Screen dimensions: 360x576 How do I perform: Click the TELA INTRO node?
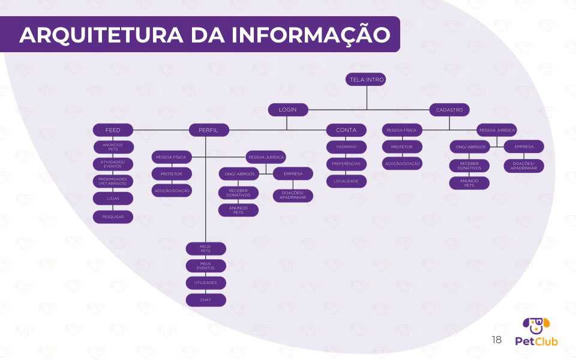(367, 79)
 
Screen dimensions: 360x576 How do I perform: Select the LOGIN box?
(287, 110)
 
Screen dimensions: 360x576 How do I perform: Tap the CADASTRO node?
(449, 110)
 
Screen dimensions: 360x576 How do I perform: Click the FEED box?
(113, 130)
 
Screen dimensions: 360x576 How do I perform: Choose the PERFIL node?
(208, 130)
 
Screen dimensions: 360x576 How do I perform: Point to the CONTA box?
(346, 130)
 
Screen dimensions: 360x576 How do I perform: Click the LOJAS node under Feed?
(113, 199)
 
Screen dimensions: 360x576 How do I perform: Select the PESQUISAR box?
(113, 217)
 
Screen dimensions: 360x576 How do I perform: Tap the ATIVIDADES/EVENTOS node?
(113, 164)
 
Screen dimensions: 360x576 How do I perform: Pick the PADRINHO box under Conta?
(346, 146)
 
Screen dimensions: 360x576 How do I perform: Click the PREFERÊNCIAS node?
(346, 163)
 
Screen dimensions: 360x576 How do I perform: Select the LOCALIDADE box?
(346, 181)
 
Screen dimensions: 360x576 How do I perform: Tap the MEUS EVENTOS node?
(206, 266)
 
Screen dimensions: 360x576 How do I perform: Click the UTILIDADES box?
(206, 282)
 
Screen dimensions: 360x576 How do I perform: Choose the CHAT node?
(206, 299)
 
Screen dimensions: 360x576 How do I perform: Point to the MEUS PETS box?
(206, 248)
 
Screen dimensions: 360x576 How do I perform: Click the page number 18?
(496, 340)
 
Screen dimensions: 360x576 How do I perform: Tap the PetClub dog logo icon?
(536, 326)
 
